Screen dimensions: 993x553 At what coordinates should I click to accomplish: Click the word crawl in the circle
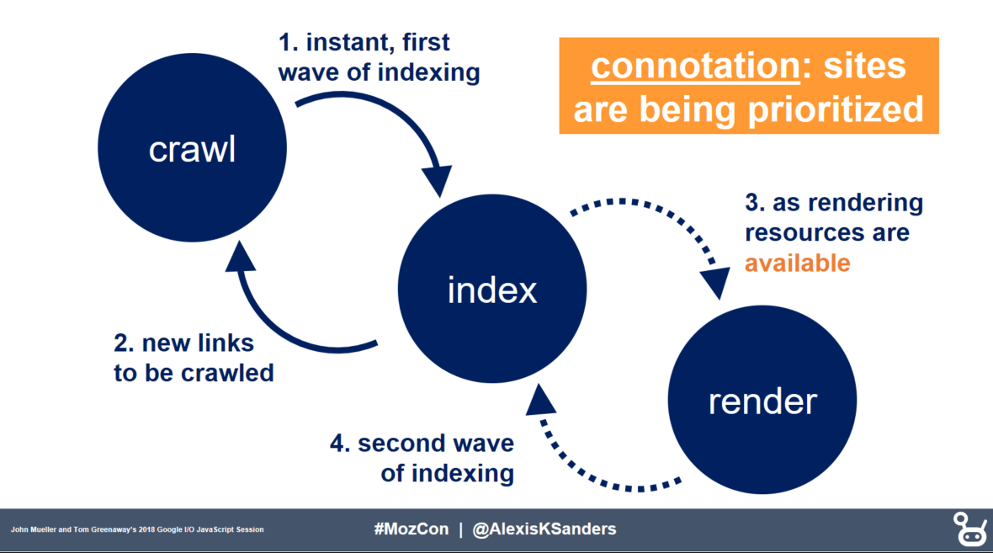192,150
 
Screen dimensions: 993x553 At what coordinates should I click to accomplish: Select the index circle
492,289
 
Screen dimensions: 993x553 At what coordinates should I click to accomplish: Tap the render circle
762,400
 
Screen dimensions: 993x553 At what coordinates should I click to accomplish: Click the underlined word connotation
695,66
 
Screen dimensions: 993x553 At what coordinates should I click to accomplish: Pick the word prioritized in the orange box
836,109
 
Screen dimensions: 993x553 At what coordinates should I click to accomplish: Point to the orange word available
797,263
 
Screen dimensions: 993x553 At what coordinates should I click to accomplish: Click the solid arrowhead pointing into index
437,180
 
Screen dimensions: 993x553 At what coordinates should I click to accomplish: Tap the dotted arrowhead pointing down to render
716,283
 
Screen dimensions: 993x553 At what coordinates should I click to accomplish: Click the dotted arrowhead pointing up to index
540,400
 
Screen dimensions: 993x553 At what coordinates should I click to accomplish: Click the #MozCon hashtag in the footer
411,529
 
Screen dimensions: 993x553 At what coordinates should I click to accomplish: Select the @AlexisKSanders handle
544,529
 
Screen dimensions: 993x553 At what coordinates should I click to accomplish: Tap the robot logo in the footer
969,529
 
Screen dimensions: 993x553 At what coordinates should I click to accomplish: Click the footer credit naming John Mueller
137,529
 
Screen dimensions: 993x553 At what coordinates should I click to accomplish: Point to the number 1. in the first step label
288,42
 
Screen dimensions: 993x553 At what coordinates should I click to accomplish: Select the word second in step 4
396,444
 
